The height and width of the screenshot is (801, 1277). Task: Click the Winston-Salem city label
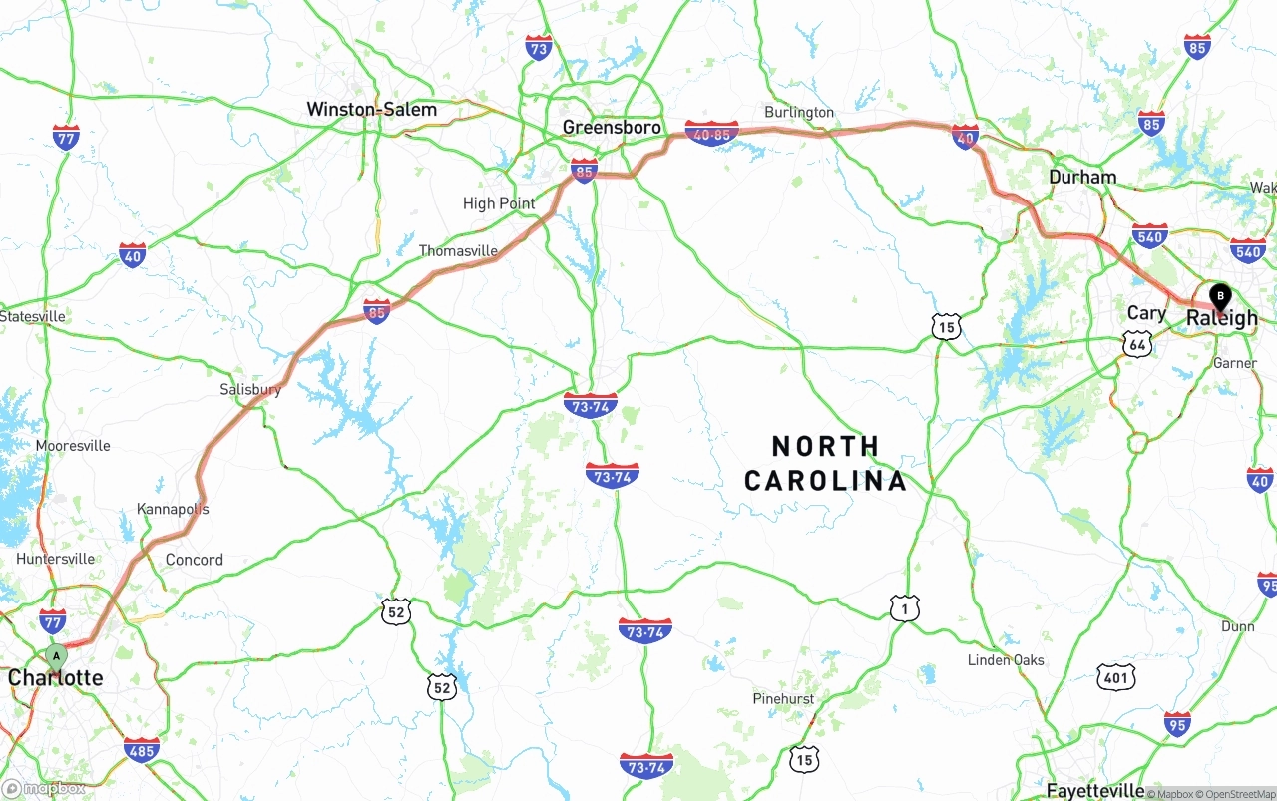click(x=371, y=109)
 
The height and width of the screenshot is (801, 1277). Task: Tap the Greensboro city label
click(x=612, y=127)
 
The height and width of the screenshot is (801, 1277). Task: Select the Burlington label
click(x=799, y=112)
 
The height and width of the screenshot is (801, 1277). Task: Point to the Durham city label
click(x=1082, y=177)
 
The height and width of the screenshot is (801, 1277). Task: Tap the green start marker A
click(x=57, y=656)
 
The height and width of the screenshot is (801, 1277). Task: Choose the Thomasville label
click(x=458, y=251)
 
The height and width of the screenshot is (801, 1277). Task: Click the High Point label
click(x=499, y=203)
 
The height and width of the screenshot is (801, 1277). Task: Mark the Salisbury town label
click(x=250, y=389)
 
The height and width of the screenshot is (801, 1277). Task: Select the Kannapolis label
click(x=174, y=509)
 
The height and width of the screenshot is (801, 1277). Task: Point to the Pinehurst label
click(x=783, y=699)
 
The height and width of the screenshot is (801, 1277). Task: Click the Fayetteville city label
click(x=1094, y=791)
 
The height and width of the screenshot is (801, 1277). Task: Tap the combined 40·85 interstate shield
click(x=712, y=133)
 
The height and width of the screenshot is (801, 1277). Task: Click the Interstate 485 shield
click(x=141, y=749)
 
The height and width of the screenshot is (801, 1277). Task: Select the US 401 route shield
click(x=1115, y=678)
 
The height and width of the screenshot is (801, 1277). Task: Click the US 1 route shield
click(x=904, y=607)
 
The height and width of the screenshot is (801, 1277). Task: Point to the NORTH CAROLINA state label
click(x=826, y=462)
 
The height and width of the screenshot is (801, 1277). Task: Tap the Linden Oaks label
click(x=1006, y=660)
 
